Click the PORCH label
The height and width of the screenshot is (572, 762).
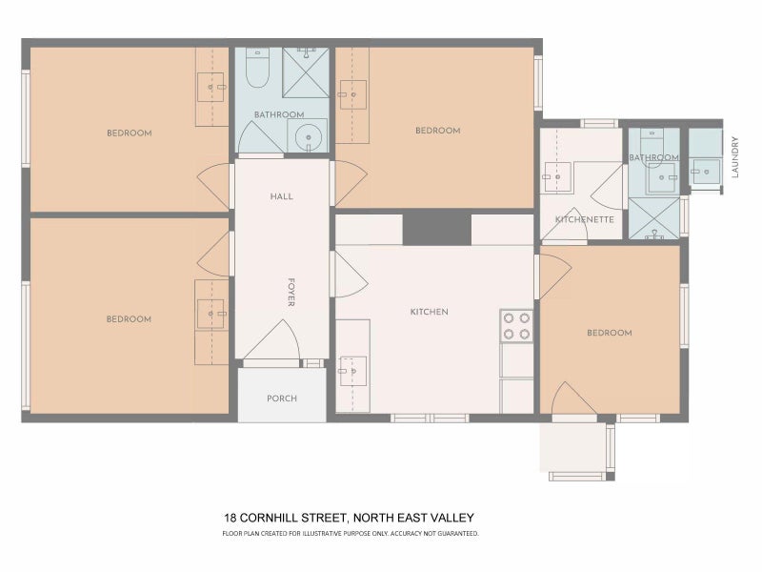pos(282,398)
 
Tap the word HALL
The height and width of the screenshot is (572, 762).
pos(282,196)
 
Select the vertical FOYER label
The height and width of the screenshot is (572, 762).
pos(291,293)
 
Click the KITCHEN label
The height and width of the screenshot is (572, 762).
pos(430,312)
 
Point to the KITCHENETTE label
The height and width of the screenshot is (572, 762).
pos(585,219)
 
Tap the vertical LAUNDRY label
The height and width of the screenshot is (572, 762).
pos(734,157)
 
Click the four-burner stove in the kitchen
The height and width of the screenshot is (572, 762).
pos(516,326)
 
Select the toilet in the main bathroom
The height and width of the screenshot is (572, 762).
pos(257,68)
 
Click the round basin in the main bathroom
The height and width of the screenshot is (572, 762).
pos(308,135)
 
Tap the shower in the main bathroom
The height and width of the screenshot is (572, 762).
pos(306,72)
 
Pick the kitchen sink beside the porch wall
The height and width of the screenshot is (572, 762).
pos(352,371)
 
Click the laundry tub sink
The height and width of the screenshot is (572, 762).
pos(706,172)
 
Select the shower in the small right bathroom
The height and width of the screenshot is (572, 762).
pos(654,218)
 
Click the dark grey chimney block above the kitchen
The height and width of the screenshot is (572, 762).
pos(437,228)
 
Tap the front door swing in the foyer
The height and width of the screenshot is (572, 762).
pos(273,340)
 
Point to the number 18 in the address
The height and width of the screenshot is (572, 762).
pos(230,518)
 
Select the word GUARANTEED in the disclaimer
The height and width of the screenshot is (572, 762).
pos(459,533)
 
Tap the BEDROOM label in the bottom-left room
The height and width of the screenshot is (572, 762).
pos(129,319)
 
